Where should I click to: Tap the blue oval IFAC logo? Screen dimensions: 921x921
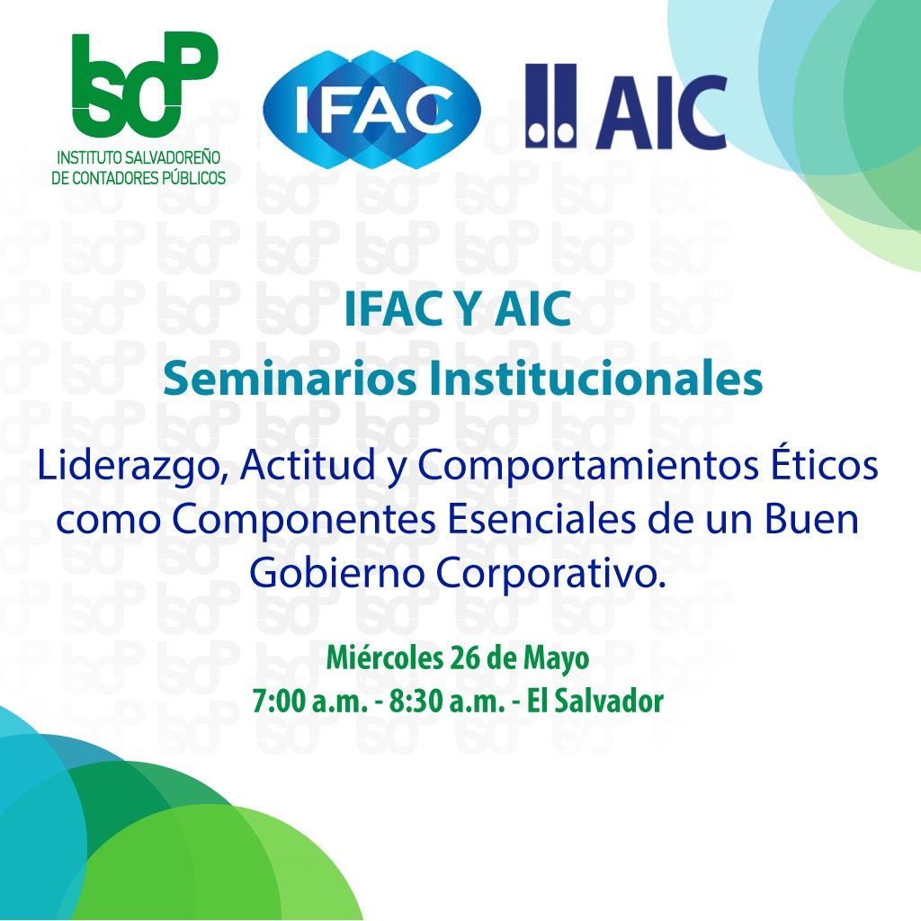[371, 110]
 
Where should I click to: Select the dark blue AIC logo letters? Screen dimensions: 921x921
[662, 112]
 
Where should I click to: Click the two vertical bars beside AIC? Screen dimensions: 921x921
[550, 106]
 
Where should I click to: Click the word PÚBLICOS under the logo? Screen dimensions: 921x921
[190, 178]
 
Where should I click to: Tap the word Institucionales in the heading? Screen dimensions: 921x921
[595, 380]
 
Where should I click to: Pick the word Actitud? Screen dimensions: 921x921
[308, 465]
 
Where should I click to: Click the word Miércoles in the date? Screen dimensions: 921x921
[384, 657]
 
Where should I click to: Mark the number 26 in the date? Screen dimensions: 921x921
[463, 658]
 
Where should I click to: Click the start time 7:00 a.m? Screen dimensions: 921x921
[309, 702]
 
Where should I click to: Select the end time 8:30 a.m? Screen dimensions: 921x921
[446, 702]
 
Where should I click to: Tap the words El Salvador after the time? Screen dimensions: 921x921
[595, 702]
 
